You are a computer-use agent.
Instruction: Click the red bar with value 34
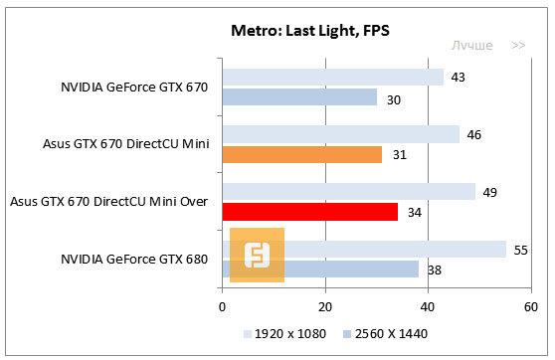[x=310, y=211]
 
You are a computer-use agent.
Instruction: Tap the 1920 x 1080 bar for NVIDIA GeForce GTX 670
[x=333, y=78]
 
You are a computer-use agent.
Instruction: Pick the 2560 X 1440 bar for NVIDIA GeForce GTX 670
[x=299, y=96]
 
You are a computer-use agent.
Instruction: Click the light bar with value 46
[x=341, y=134]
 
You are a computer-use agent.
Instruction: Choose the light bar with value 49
[x=349, y=191]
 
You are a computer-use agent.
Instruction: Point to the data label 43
[x=457, y=78]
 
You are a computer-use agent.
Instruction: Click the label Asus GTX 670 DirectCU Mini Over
[x=108, y=202]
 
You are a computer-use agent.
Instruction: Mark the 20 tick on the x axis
[x=324, y=306]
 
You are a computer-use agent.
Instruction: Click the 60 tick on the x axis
[x=529, y=306]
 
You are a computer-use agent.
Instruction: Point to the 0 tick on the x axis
[x=223, y=306]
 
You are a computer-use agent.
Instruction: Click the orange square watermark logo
[x=257, y=255]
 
